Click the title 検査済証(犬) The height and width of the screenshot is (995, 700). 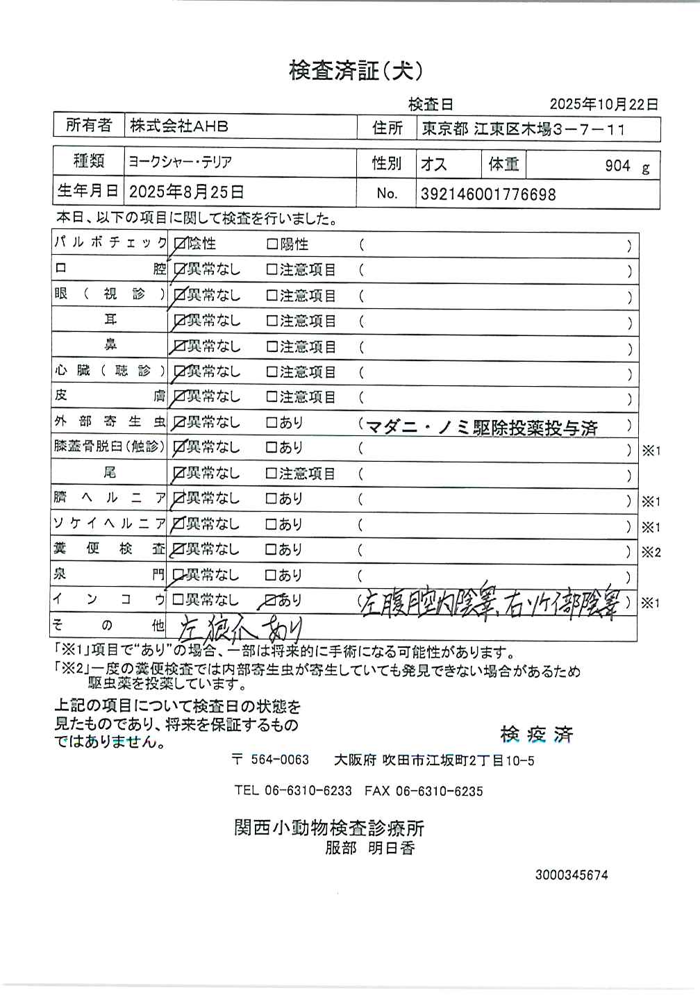(x=356, y=71)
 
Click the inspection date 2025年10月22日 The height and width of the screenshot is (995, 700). (x=603, y=104)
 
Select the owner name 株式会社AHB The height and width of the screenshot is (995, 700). (x=179, y=126)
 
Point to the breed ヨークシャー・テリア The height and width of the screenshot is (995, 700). (x=180, y=162)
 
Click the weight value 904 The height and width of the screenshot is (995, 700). (x=617, y=166)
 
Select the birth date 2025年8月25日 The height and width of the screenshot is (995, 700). (x=187, y=192)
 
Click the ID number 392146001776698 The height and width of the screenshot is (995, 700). (x=488, y=194)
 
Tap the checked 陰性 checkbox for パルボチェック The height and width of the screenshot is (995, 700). (x=180, y=244)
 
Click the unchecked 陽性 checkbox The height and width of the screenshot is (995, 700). (x=272, y=244)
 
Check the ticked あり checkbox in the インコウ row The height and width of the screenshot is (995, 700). (x=272, y=600)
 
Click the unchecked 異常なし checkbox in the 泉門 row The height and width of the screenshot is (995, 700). (x=179, y=575)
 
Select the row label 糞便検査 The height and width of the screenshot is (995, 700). (x=109, y=549)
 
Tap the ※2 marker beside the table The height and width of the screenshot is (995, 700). (x=651, y=553)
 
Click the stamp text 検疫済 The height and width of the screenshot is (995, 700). (x=536, y=734)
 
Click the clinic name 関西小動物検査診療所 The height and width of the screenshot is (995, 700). (x=329, y=828)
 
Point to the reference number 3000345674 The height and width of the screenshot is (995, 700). (x=572, y=875)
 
